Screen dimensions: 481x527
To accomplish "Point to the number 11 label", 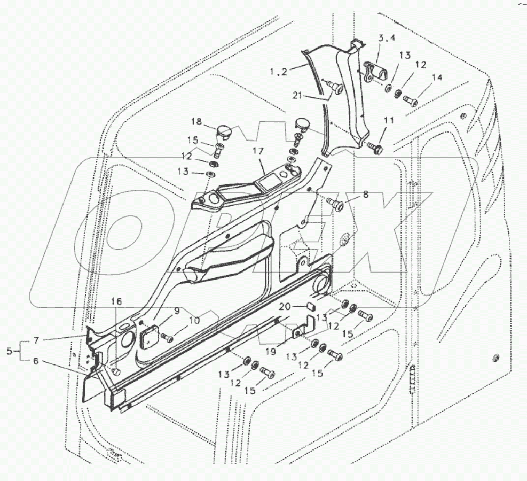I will click(389, 121).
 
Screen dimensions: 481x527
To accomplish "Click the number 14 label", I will click(437, 77).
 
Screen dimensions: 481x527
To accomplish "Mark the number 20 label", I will click(285, 306).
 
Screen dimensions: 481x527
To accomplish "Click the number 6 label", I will click(36, 362).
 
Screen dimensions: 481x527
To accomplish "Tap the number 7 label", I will click(36, 340).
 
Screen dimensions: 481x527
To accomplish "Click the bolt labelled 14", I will click(410, 99).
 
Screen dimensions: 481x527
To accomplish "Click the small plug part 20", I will click(310, 306).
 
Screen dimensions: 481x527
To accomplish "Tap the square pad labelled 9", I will click(148, 336).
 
